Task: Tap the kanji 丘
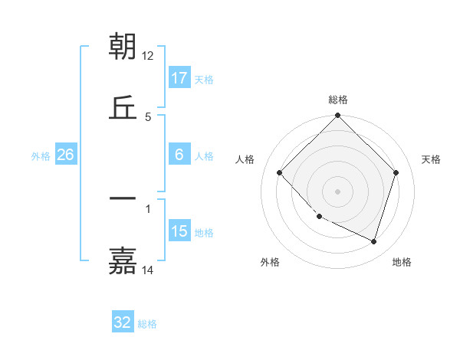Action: click(x=123, y=107)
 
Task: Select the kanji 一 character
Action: click(x=123, y=198)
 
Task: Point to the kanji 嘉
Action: click(x=123, y=260)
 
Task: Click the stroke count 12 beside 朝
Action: click(x=148, y=56)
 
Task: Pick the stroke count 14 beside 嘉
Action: click(x=148, y=270)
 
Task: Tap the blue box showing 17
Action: click(x=179, y=78)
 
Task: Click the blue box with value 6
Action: click(x=179, y=155)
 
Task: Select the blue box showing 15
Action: click(x=179, y=232)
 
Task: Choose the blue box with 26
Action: click(x=66, y=155)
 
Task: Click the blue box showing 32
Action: click(x=123, y=322)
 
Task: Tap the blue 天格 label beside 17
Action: click(x=204, y=79)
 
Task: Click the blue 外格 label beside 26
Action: click(x=41, y=155)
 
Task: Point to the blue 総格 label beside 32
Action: click(x=147, y=323)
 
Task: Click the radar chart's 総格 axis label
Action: click(x=338, y=100)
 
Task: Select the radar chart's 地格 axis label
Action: click(x=402, y=262)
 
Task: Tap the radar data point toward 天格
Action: click(x=396, y=172)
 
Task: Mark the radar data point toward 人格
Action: click(x=280, y=172)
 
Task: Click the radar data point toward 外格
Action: click(x=320, y=217)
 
